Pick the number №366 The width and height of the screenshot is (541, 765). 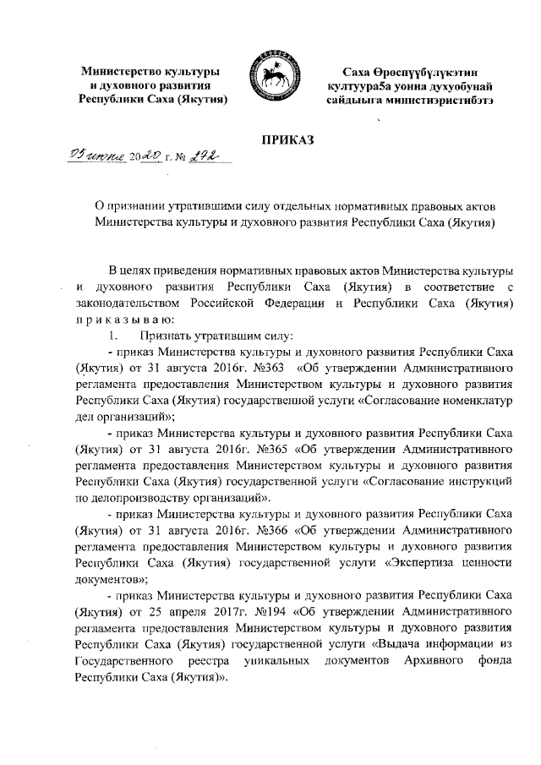point(268,528)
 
